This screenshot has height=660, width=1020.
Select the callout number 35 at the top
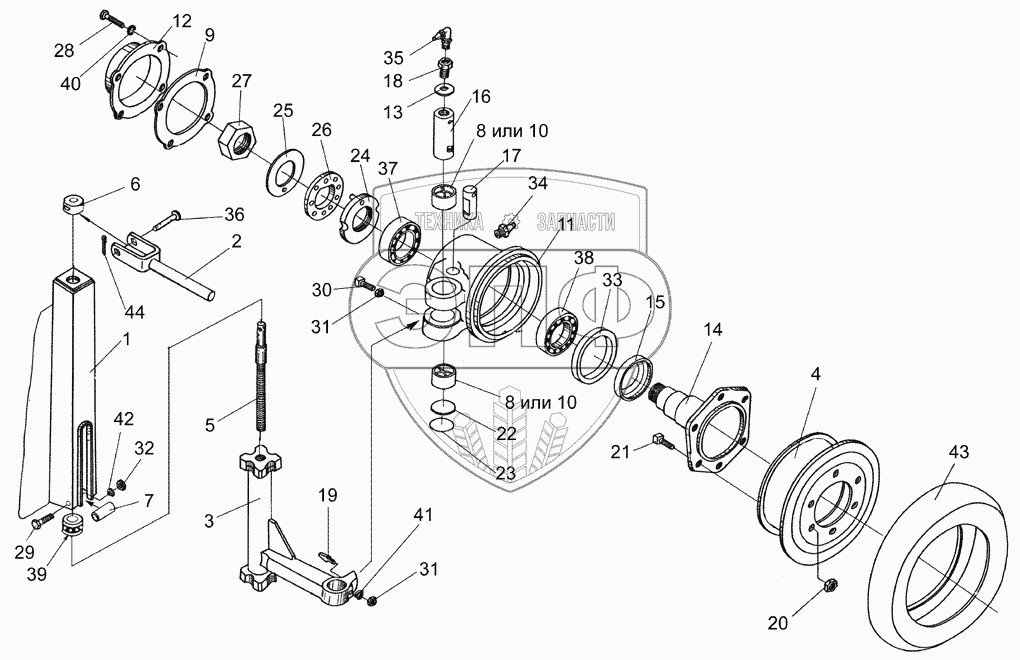pyautogui.click(x=394, y=56)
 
